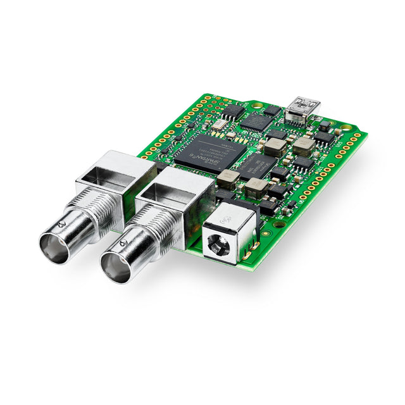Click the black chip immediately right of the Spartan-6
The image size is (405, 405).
(256, 166)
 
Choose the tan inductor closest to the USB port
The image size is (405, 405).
(304, 146)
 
